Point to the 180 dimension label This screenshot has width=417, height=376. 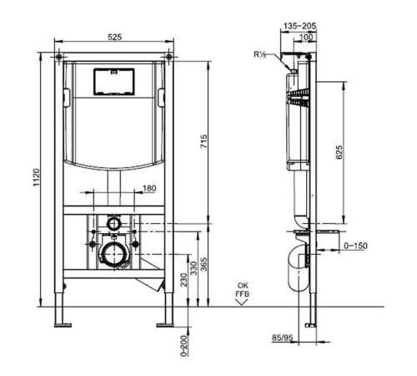[149, 189]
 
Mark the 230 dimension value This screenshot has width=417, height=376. [183, 282]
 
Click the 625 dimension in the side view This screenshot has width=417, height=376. [339, 151]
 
